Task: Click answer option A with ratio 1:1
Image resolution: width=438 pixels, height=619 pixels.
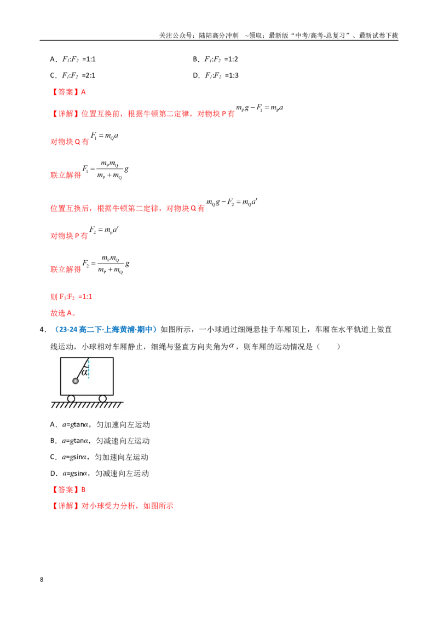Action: pyautogui.click(x=73, y=59)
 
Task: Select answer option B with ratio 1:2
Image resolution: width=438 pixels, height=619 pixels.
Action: pyautogui.click(x=216, y=59)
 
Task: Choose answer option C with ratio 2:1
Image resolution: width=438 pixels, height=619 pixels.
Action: pyautogui.click(x=73, y=75)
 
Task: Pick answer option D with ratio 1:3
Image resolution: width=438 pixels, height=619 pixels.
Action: pyautogui.click(x=216, y=75)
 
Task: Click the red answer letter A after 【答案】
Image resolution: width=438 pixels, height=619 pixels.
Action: pyautogui.click(x=83, y=92)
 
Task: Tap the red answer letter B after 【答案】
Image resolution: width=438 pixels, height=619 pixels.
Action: pyautogui.click(x=83, y=489)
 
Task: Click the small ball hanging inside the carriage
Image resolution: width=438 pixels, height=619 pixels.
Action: pyautogui.click(x=76, y=381)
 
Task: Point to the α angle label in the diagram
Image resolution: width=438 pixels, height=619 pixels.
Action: pyautogui.click(x=84, y=372)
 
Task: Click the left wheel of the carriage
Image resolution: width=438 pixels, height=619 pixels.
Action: pyautogui.click(x=71, y=399)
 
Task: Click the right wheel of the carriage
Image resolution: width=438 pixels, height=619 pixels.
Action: pyautogui.click(x=103, y=399)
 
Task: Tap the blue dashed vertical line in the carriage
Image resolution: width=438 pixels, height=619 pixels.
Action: pyautogui.click(x=89, y=369)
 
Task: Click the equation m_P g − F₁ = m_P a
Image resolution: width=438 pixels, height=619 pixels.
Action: pyautogui.click(x=260, y=108)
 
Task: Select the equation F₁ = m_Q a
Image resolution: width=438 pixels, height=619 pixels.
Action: pyautogui.click(x=105, y=136)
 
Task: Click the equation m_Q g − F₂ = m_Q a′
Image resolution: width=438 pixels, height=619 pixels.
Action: pyautogui.click(x=232, y=202)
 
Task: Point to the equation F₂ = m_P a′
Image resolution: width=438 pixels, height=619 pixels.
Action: pyautogui.click(x=104, y=230)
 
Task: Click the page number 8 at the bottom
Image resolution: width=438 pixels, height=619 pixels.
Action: pyautogui.click(x=42, y=580)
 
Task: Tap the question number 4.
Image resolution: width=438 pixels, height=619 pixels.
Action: pyautogui.click(x=43, y=330)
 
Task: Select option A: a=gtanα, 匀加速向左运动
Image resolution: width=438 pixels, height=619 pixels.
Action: pyautogui.click(x=100, y=425)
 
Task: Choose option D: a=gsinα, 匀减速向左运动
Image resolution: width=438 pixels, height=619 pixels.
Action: pyautogui.click(x=100, y=474)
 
